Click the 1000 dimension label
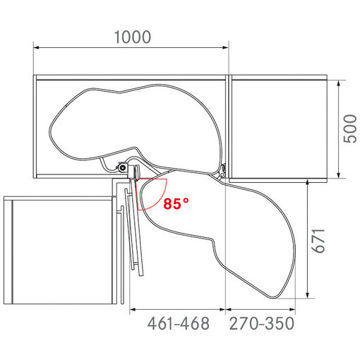pyautogui.click(x=133, y=37)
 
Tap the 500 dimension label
pyautogui.click(x=350, y=128)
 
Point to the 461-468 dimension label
pyautogui.click(x=179, y=323)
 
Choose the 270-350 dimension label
pyautogui.click(x=262, y=323)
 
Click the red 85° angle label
pyautogui.click(x=176, y=204)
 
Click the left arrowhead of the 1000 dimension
pyautogui.click(x=37, y=47)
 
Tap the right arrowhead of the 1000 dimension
pyautogui.click(x=225, y=47)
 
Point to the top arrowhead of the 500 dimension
pyautogui.click(x=339, y=83)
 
